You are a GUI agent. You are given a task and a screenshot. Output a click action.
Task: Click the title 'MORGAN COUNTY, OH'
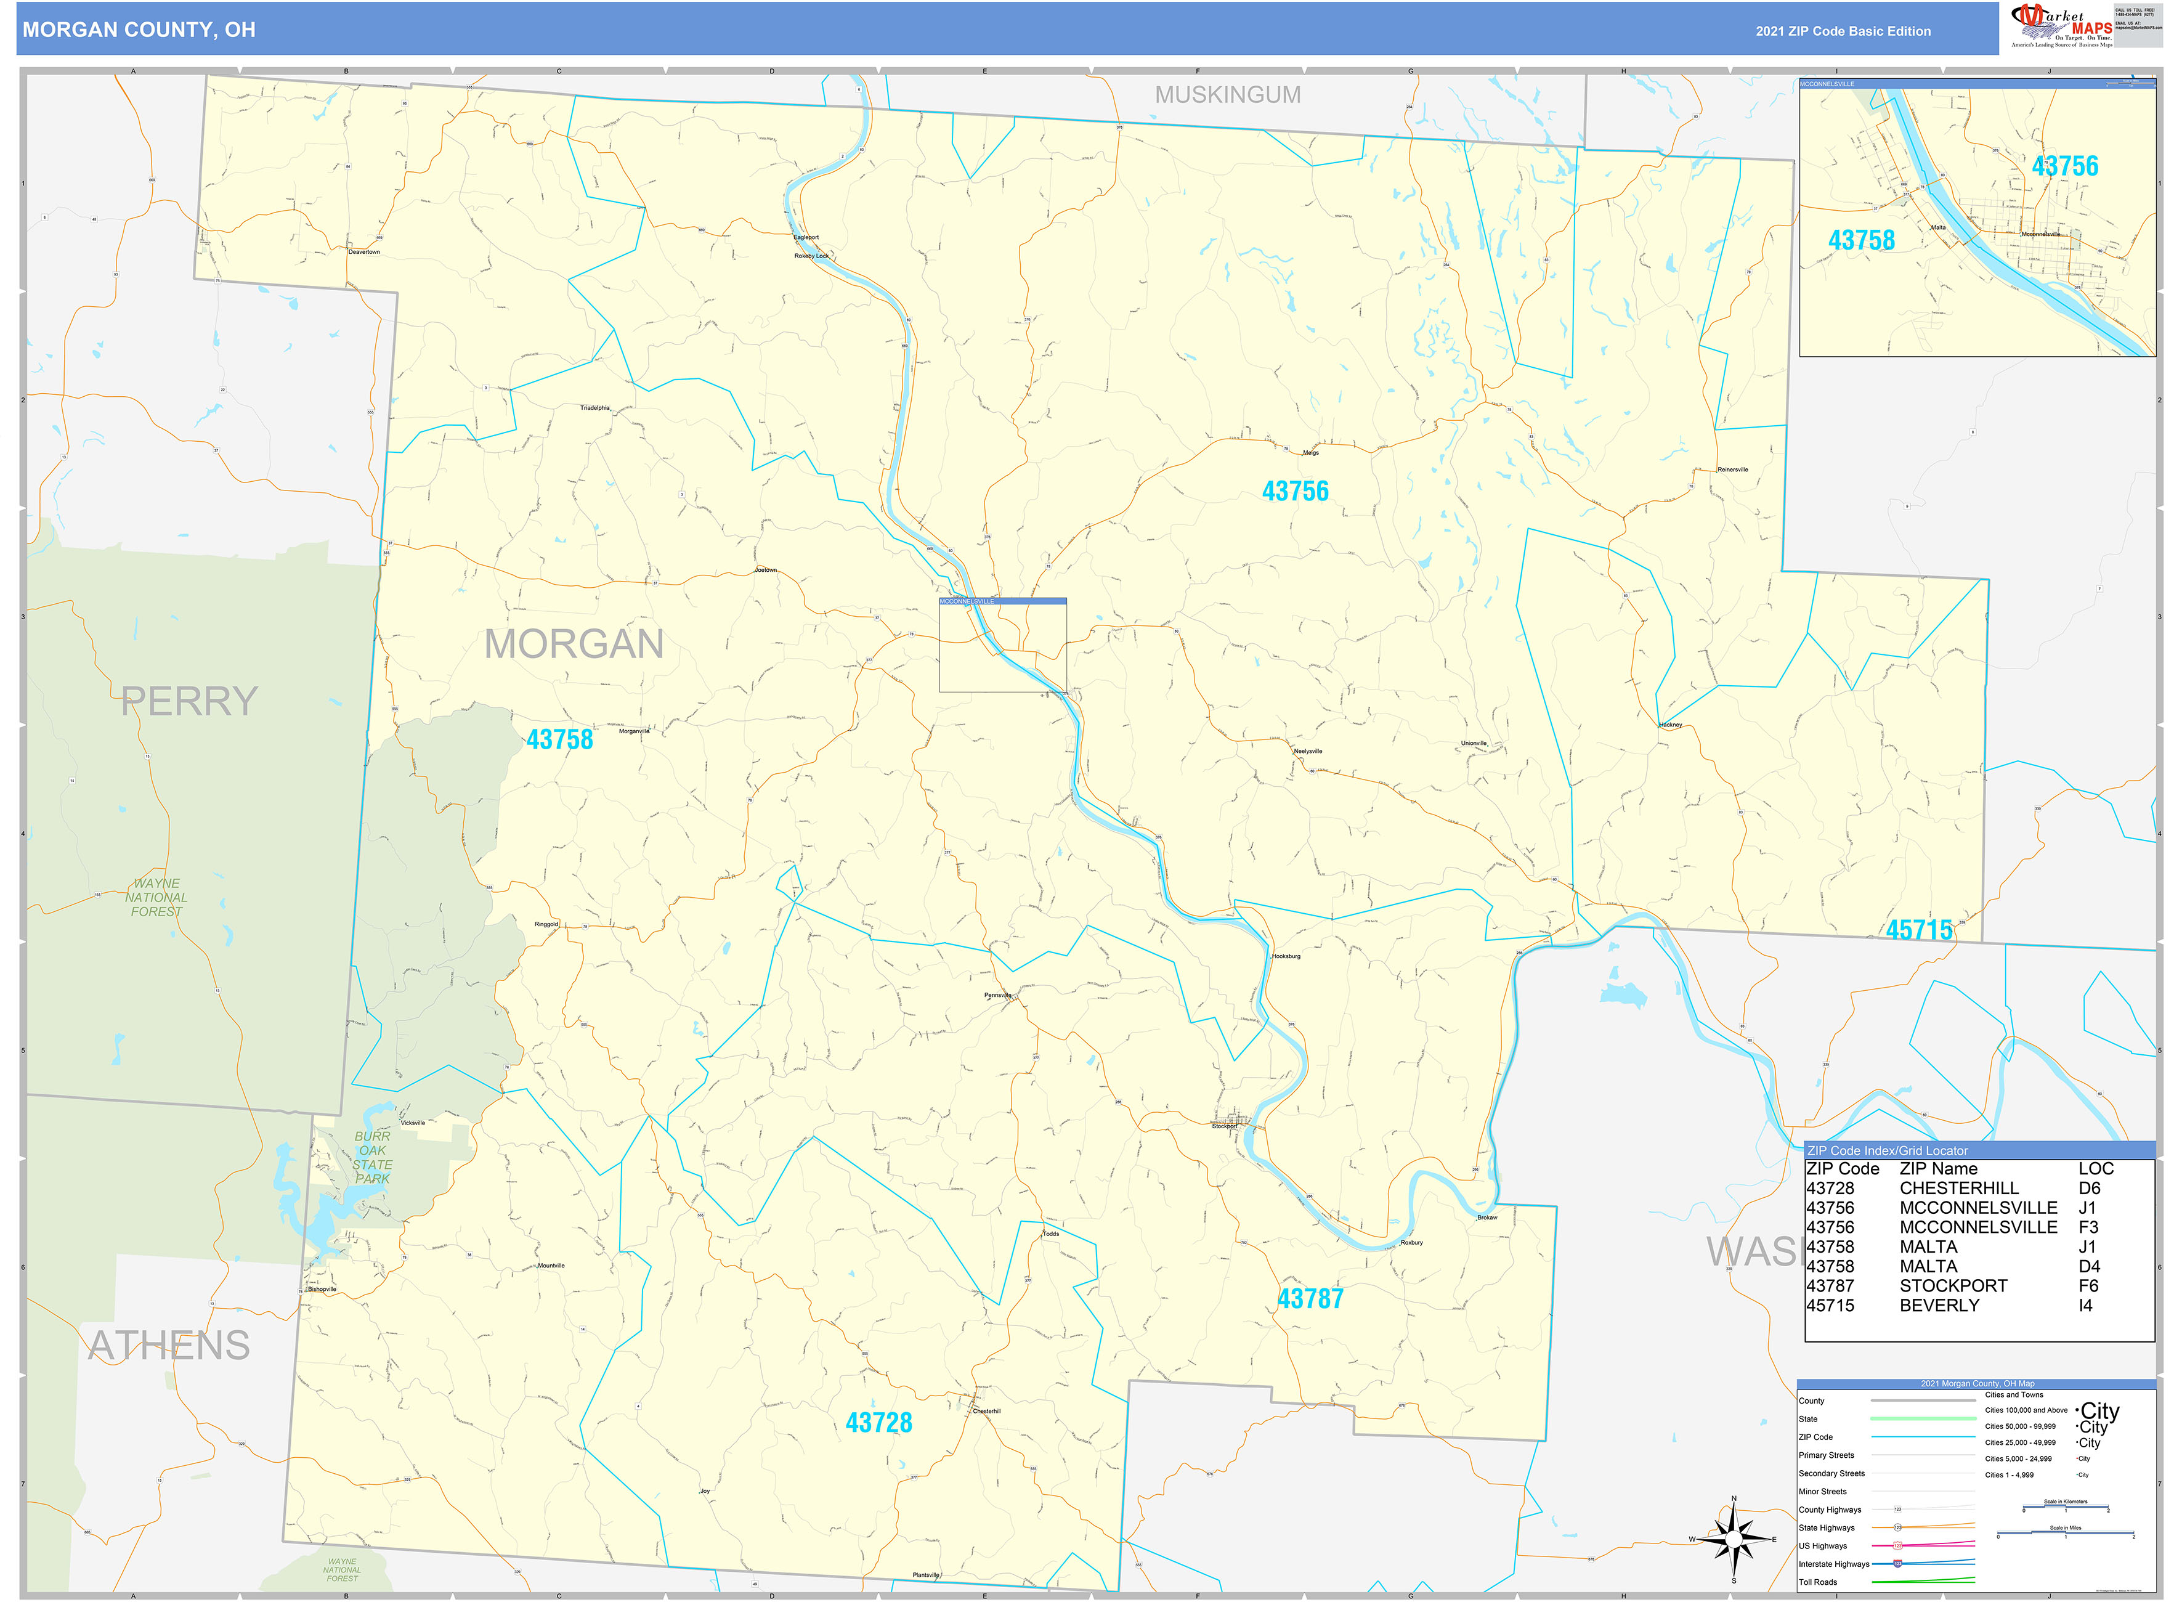(x=139, y=30)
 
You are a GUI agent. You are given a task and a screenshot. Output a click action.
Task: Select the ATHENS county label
(x=169, y=1346)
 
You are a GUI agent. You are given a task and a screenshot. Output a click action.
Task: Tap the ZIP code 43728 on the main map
(x=878, y=1423)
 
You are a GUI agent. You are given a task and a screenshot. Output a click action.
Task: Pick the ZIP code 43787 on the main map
(x=1310, y=1298)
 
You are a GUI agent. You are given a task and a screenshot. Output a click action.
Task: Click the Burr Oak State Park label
(x=372, y=1157)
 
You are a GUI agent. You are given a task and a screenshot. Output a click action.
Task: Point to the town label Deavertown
(x=365, y=252)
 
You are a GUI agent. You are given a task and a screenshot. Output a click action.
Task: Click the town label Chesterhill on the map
(x=986, y=1411)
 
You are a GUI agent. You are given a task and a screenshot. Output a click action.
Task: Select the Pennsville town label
(x=998, y=995)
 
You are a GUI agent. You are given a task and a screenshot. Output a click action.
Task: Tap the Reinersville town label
(x=1733, y=470)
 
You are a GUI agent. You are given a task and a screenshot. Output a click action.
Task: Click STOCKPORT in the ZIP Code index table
(x=1953, y=1286)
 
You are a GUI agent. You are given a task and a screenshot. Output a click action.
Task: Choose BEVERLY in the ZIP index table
(x=1939, y=1305)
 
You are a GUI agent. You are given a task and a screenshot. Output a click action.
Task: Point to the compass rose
(x=1734, y=1539)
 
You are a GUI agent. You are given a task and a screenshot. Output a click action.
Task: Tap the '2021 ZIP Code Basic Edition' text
(x=1843, y=31)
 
